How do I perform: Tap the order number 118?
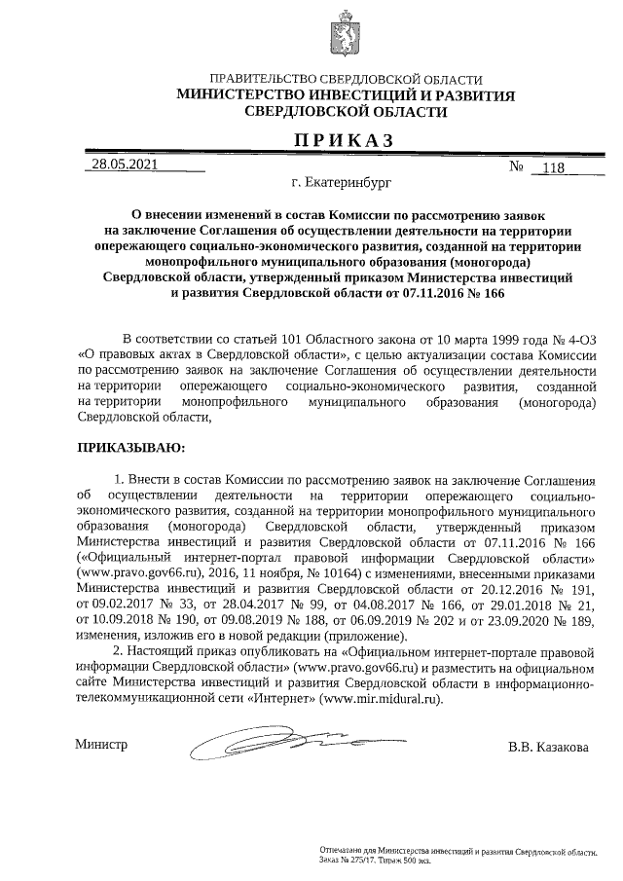pos(552,167)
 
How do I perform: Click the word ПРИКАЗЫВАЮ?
pos(129,448)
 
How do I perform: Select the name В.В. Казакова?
pos(548,748)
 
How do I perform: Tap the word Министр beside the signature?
pos(102,745)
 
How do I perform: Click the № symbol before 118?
pos(517,167)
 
